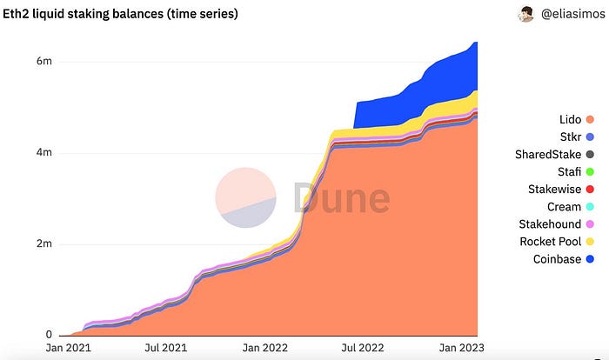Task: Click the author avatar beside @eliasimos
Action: [x=528, y=14]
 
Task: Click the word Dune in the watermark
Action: [x=341, y=198]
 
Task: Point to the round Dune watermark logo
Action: [x=246, y=198]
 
